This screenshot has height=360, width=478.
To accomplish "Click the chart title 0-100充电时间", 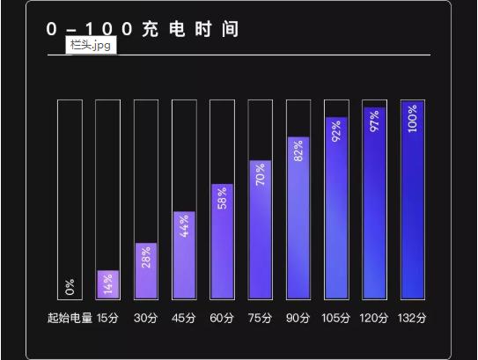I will (x=143, y=29).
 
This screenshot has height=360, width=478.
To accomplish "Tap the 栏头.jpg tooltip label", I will (x=91, y=45).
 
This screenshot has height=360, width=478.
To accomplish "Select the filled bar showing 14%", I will (x=107, y=284).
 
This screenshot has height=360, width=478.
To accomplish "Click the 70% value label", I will (x=261, y=174).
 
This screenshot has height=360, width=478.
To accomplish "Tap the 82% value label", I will (x=298, y=151).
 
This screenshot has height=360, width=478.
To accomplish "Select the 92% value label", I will (x=336, y=130).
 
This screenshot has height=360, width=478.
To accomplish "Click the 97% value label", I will (x=374, y=121).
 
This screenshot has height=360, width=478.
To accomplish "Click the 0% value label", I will (x=70, y=286).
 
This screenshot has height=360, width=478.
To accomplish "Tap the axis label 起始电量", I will (x=70, y=318).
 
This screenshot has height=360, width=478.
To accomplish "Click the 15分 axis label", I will (x=107, y=318).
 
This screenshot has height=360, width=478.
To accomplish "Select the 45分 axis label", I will (x=184, y=318).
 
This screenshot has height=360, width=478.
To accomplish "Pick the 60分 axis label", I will (x=222, y=318).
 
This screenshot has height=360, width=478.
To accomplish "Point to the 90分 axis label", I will (x=298, y=318).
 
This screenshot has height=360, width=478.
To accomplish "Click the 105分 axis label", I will (x=336, y=318).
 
